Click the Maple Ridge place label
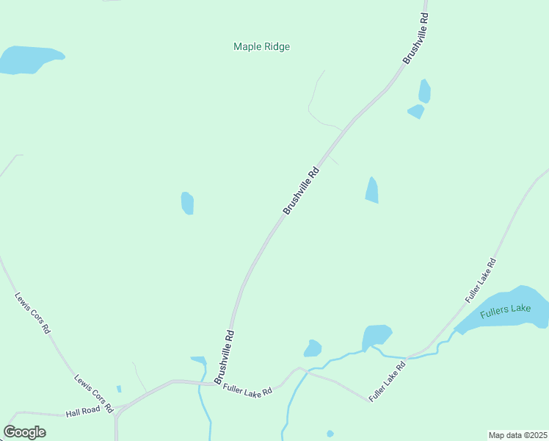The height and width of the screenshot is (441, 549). (x=261, y=46)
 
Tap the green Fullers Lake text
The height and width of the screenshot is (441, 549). (x=505, y=310)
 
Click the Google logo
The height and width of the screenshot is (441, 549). (x=24, y=431)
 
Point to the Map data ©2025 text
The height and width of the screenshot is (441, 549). (x=517, y=435)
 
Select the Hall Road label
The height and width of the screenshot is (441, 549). (x=82, y=411)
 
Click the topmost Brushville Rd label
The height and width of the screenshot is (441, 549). (x=415, y=37)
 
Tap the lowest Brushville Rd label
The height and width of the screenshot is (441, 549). (x=225, y=356)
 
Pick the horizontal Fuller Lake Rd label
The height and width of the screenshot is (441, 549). (x=247, y=390)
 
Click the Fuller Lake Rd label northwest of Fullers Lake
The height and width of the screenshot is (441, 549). (x=481, y=280)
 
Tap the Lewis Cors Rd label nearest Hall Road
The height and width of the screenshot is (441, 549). (x=93, y=393)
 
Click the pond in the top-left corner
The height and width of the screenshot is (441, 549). (x=29, y=59)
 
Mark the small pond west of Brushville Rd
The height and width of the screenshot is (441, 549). (x=187, y=203)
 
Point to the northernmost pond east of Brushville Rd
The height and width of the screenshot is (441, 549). (x=424, y=90)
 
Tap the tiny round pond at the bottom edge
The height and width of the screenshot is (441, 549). (x=330, y=434)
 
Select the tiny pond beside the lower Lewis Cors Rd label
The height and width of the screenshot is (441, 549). (x=119, y=389)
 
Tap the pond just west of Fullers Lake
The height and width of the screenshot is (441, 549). (x=376, y=336)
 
